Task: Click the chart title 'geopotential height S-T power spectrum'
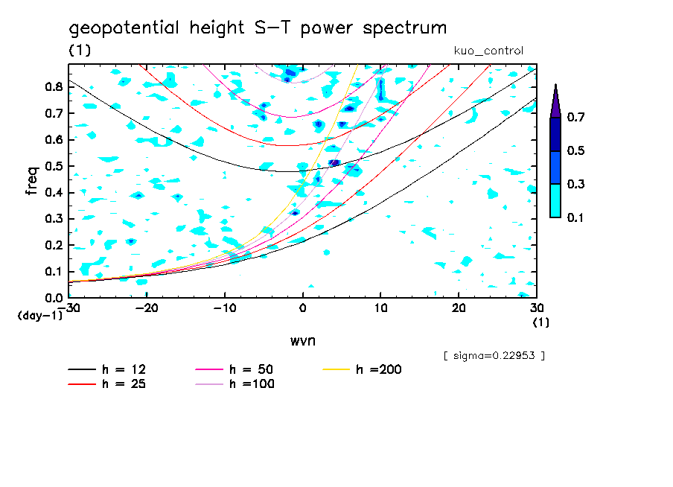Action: tap(258, 28)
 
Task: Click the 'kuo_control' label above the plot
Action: tap(488, 51)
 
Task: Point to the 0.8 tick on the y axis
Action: tap(53, 86)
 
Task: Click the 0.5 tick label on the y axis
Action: tap(53, 166)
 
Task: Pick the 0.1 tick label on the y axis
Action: tap(53, 272)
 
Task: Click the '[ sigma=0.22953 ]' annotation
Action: tap(494, 355)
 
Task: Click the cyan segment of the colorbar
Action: tap(555, 200)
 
